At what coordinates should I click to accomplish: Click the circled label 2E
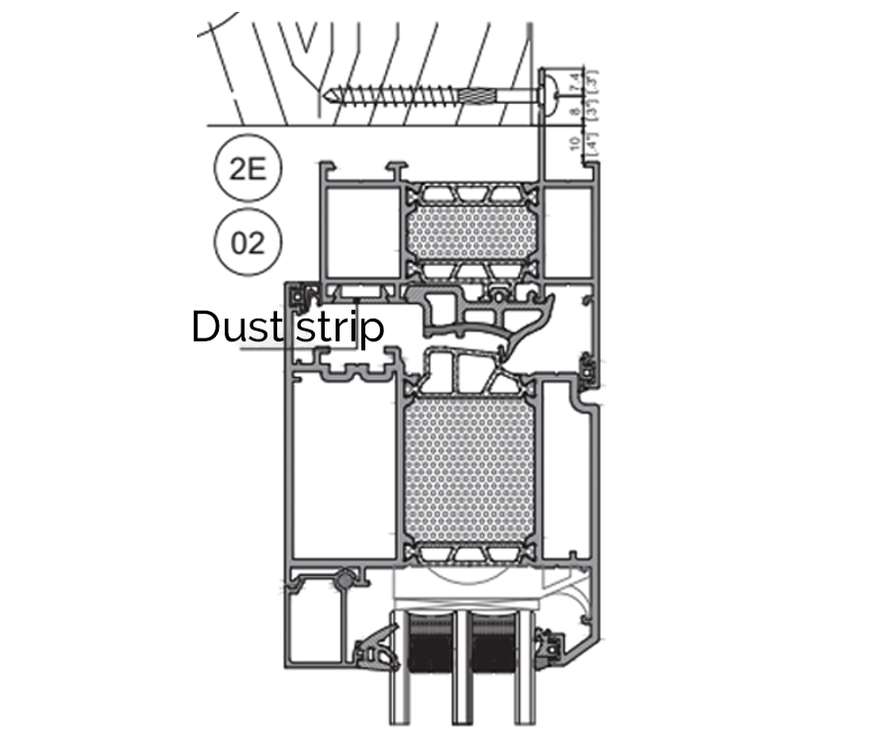247,168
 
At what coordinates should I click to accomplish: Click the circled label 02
247,241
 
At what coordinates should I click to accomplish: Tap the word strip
340,328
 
